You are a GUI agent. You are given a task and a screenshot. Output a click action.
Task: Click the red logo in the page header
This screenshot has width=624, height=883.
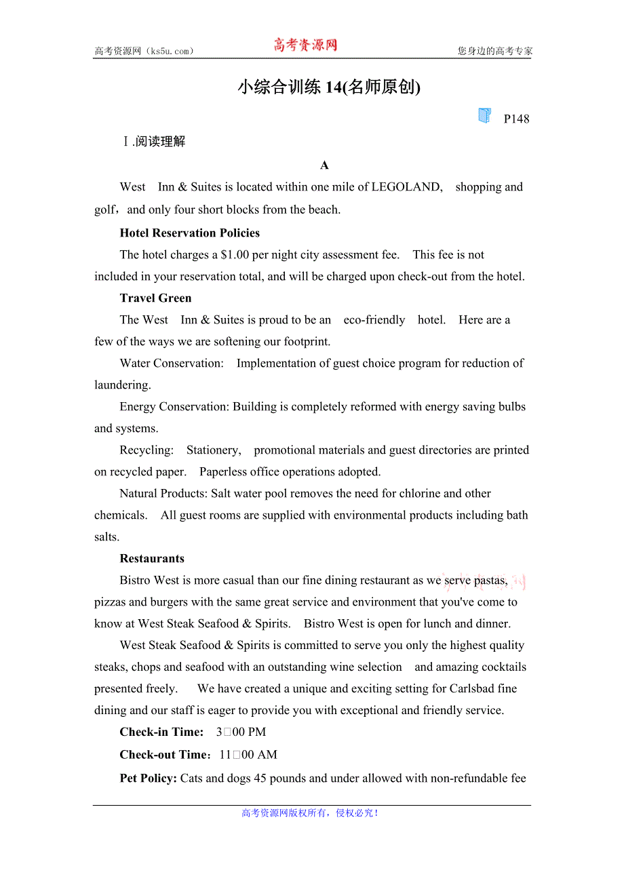point(305,45)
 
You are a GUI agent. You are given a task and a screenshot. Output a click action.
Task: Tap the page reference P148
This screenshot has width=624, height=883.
point(516,119)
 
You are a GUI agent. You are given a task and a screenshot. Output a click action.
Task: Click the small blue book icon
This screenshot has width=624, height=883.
point(484,115)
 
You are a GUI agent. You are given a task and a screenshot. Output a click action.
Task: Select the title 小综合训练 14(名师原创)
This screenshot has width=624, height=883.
point(329,87)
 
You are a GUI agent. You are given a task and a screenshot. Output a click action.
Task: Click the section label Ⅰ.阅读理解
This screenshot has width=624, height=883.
point(153,142)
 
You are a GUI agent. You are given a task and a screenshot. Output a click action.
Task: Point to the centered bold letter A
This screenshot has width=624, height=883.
point(324,165)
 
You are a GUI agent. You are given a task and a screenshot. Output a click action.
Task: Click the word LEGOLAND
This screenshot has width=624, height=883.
point(406,187)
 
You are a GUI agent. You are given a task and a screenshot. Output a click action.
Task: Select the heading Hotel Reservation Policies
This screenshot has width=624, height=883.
point(190,233)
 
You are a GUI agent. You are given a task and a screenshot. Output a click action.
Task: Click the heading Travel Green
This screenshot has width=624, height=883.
point(155,298)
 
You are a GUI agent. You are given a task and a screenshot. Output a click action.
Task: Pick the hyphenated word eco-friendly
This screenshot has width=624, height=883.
point(374,320)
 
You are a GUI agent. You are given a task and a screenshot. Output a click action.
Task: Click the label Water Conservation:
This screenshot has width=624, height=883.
point(172,364)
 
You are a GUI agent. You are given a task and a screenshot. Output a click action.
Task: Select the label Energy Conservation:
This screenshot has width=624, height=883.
point(174,407)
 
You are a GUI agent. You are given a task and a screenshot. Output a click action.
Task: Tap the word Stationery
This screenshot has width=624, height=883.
point(213,450)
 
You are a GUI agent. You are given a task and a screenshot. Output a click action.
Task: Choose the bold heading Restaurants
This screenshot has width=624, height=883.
point(152,559)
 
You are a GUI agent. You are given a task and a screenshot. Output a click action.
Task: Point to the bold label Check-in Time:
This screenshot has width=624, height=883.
point(161,732)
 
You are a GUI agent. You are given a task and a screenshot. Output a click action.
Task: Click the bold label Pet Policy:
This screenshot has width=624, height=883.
point(149,779)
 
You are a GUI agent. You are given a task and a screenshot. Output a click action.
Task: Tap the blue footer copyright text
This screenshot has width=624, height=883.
point(310,813)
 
